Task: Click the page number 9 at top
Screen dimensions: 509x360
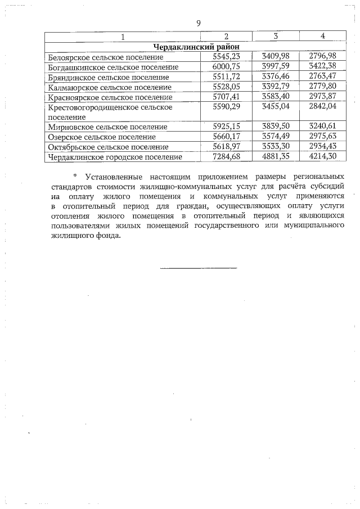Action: point(199,23)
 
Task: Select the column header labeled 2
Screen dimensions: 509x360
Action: point(226,37)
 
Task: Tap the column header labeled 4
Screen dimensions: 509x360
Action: point(322,37)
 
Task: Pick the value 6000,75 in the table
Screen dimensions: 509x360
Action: point(226,67)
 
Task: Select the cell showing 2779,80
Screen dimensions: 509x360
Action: point(322,87)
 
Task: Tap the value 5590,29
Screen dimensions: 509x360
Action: point(226,107)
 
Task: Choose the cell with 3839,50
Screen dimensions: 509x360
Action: point(276,127)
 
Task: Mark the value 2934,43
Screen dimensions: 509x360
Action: point(322,147)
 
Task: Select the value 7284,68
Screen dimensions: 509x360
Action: point(226,157)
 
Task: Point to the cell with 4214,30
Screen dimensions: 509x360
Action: point(322,157)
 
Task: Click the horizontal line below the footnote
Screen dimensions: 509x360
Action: point(199,268)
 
